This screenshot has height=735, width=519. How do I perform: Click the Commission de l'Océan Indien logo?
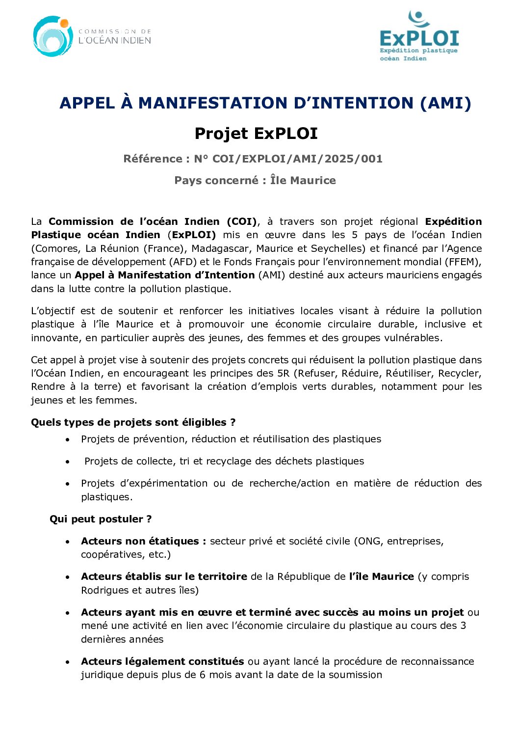[92, 37]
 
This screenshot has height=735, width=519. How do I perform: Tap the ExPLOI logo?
[419, 37]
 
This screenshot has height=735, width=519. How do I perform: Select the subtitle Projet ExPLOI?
[256, 134]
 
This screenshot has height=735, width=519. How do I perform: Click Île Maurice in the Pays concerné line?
[303, 181]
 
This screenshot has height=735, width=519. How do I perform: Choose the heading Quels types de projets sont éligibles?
[133, 422]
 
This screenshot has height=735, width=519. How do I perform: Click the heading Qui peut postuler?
[101, 519]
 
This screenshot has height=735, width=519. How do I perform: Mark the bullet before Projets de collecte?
[68, 462]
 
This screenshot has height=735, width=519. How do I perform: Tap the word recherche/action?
[289, 483]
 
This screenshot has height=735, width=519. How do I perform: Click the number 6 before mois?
[202, 675]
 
